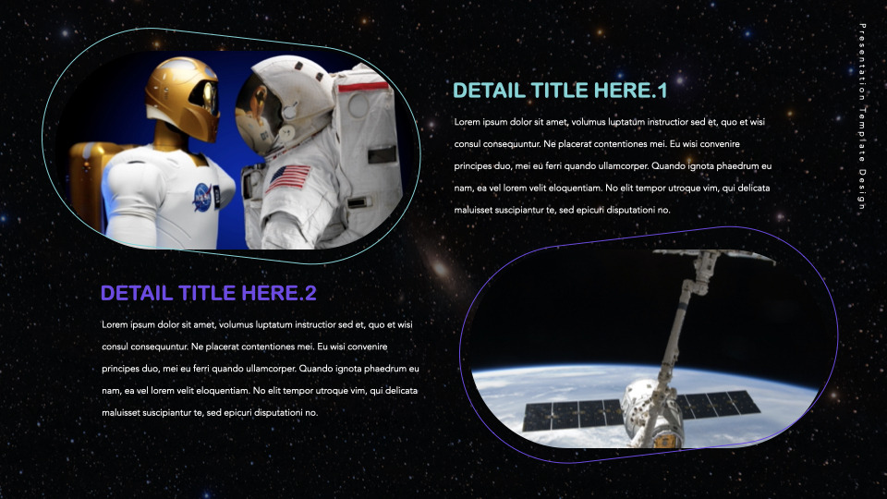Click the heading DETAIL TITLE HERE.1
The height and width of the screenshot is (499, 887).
point(560,91)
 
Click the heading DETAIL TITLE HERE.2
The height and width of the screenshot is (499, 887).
point(209,294)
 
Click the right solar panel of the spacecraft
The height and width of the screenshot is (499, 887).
point(719,405)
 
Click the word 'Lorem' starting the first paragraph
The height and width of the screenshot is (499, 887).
point(468,122)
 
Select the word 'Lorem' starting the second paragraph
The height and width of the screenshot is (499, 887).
point(115,325)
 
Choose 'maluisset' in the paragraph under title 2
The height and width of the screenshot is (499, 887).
point(121,413)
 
